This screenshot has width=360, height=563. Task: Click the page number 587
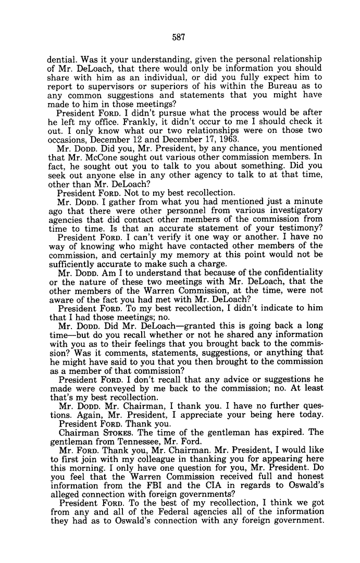pos(179,37)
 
